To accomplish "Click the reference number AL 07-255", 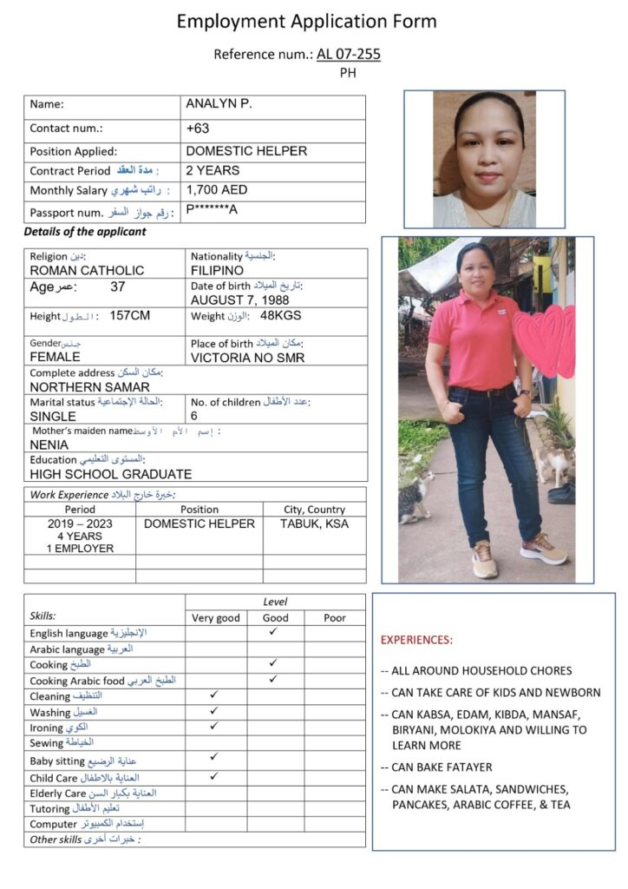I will (348, 55).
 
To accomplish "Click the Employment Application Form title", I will (307, 21).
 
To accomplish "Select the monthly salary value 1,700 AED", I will (217, 189).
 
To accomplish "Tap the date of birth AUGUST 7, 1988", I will (239, 300).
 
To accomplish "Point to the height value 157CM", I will (130, 315).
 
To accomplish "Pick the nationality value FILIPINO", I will (217, 270).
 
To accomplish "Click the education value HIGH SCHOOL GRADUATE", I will (111, 474).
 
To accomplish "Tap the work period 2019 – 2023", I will (80, 524).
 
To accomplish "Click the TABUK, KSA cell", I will (314, 524).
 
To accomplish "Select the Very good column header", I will (215, 617).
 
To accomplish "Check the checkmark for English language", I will (273, 632).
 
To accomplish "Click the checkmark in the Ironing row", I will (214, 726).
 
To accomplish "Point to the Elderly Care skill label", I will (58, 794).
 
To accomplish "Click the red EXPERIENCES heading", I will (416, 640).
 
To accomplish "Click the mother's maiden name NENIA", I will (49, 444).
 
